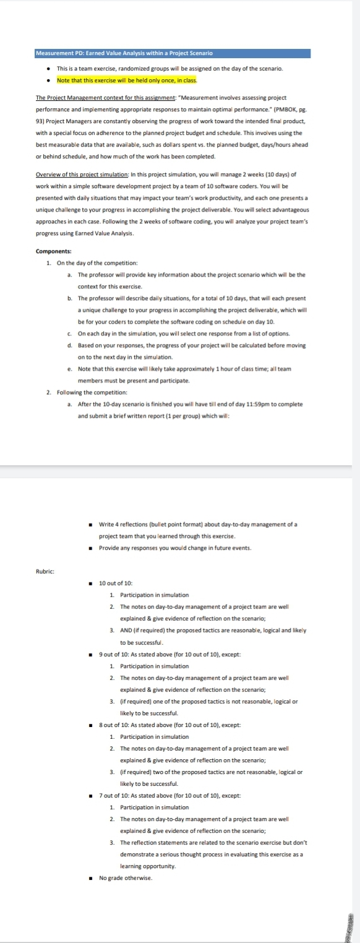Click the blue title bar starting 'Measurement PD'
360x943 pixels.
click(x=173, y=53)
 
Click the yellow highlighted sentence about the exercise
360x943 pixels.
click(x=126, y=80)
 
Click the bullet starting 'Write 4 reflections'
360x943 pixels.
click(x=198, y=524)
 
